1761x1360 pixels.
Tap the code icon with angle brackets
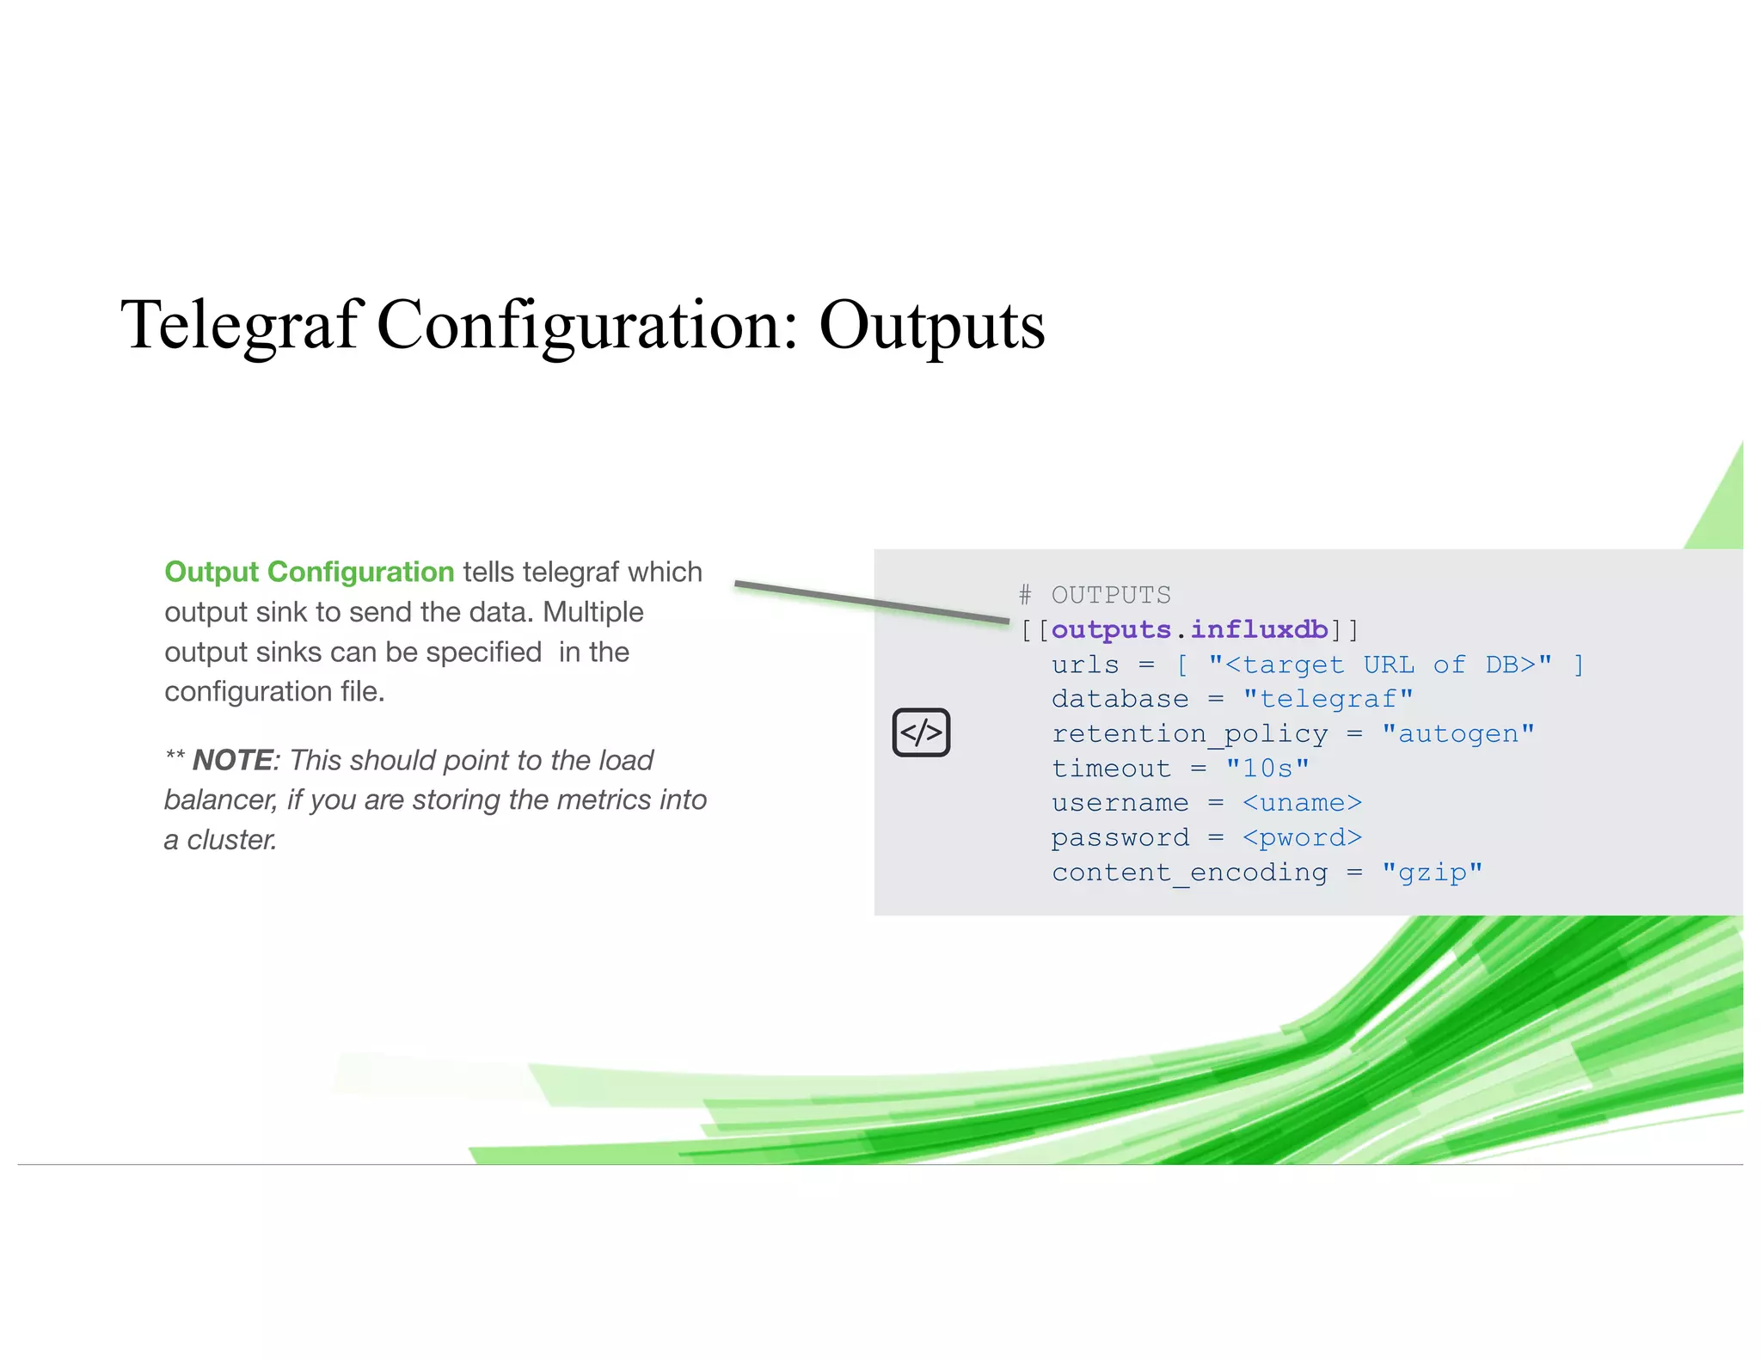coord(921,732)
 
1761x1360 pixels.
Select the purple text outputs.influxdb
coord(1189,629)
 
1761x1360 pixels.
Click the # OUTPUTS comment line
coord(1095,595)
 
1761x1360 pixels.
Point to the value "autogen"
coord(1457,733)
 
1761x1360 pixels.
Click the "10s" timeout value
coord(1267,768)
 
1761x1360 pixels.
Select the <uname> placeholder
coord(1302,803)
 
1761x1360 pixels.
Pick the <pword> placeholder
coord(1302,837)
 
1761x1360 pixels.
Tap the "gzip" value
coord(1432,873)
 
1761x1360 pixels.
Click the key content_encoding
coord(1189,873)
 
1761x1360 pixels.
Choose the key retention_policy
coord(1189,733)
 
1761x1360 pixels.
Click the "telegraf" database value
coord(1328,699)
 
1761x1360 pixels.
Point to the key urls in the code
coord(1085,665)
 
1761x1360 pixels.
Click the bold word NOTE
coord(232,760)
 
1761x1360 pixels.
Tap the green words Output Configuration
coord(309,572)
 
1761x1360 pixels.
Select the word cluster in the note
coord(231,840)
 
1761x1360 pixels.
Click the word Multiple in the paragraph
coord(592,612)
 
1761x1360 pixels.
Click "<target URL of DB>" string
coord(1379,665)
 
